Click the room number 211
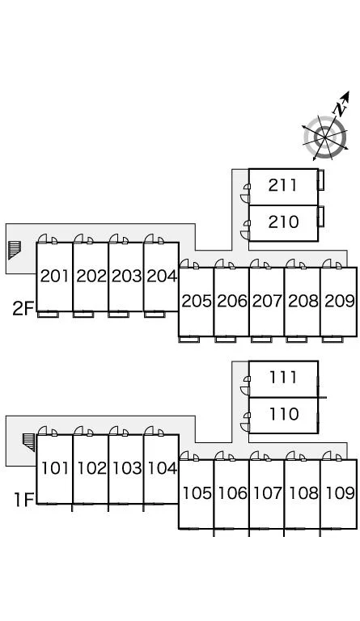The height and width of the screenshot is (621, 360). pos(282,185)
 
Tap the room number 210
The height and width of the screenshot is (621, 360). pos(284,222)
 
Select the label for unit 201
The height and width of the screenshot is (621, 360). pos(55,276)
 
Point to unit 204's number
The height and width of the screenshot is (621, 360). pos(162,276)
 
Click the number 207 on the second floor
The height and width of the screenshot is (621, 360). pos(267,301)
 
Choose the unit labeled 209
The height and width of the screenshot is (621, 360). pos(340,301)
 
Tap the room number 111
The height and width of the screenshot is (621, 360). pos(283,377)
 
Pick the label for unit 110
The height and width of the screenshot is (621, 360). pos(284,414)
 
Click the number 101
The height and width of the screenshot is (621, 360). pos(55,468)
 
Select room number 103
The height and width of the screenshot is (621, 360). pos(127,468)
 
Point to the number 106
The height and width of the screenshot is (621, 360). pos(232,493)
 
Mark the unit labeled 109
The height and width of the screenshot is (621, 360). pos(340,493)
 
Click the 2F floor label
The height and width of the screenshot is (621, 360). pos(23,309)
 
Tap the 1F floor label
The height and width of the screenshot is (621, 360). pos(23,500)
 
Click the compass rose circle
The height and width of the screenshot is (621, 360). pos(324,137)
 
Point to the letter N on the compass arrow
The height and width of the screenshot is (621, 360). pos(340,108)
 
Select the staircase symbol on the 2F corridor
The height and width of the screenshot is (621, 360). pos(15,249)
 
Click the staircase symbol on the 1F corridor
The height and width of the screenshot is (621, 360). pos(29,441)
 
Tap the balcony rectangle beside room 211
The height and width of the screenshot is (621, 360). pos(321,180)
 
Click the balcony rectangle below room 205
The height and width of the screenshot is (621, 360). pos(189,340)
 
